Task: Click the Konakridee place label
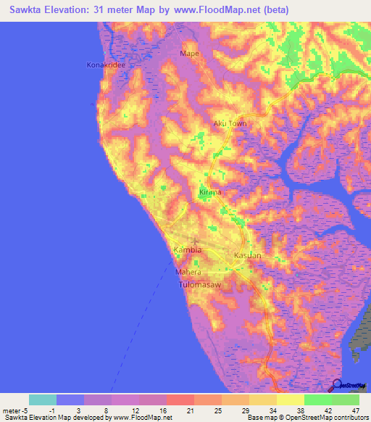(106, 65)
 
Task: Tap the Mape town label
(189, 54)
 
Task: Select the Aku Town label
(230, 123)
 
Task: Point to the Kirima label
(210, 192)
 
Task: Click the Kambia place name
(187, 250)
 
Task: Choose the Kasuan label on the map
(247, 257)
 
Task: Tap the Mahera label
(188, 272)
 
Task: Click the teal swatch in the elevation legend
(43, 400)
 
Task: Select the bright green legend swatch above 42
(317, 400)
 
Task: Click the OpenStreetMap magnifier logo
(338, 385)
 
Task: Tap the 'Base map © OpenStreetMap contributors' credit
(307, 418)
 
